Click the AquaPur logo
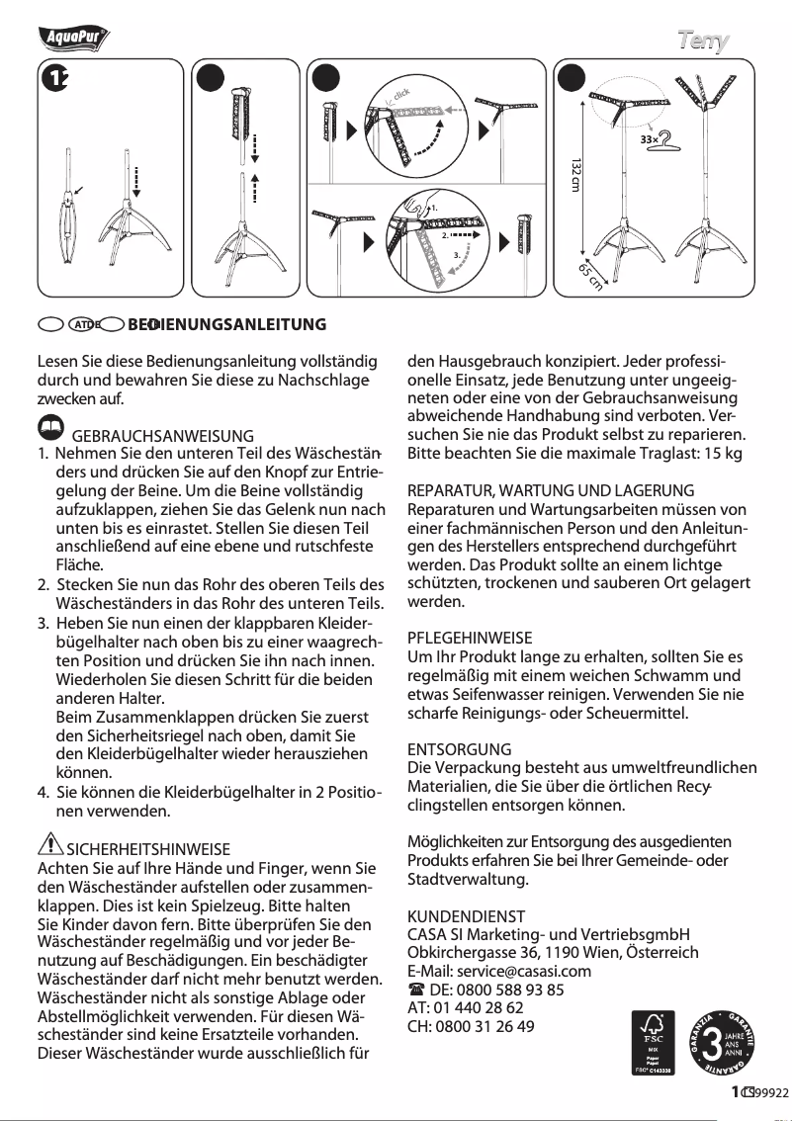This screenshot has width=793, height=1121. point(73,39)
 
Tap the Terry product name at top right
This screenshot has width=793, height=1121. point(703,41)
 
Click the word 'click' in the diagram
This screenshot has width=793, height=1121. point(399,95)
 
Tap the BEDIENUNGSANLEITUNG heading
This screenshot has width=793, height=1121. point(227,324)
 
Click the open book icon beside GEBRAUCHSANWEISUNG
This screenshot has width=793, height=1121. point(48,426)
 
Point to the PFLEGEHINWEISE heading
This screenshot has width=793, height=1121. point(470,639)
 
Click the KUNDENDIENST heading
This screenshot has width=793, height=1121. point(466,916)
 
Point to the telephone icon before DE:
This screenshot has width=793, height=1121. point(415,990)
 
